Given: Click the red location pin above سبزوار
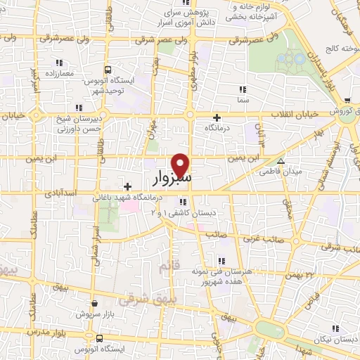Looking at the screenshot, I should coord(181,164).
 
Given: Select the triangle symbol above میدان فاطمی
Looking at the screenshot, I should coord(281,161).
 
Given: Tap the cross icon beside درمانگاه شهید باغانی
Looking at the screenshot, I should coord(127,186).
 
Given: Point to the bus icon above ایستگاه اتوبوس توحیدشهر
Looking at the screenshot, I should coord(108,70).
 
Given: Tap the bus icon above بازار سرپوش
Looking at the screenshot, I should coord(95,304).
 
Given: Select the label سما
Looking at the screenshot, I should coord(243,100).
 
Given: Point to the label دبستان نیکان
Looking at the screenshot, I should coord(336,339).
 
